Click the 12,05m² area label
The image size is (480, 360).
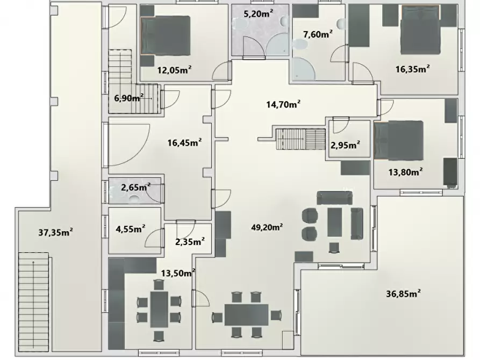pos(174,70)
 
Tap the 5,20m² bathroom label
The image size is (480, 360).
pos(259,13)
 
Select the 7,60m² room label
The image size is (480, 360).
pos(318,34)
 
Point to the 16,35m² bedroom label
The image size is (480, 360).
pos(412,69)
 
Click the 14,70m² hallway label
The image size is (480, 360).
pos(283,104)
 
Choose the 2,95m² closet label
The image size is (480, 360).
pos(345,145)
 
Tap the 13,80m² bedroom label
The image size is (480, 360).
pos(406,172)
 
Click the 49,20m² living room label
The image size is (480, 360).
pos(267,227)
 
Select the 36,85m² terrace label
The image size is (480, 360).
pos(403,293)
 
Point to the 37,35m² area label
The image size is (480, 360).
pos(55,232)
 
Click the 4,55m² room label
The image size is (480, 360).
pos(131,229)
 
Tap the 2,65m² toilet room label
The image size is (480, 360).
pos(135,187)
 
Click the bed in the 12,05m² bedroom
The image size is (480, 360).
pos(166,35)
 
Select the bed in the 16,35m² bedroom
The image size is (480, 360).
pos(421,30)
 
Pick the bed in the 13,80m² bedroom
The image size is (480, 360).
pos(399,140)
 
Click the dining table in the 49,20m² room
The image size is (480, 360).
pos(246,315)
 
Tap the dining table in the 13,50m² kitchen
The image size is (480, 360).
pos(159,309)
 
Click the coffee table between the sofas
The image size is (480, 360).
pos(334,222)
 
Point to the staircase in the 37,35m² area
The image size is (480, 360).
pos(33,302)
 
